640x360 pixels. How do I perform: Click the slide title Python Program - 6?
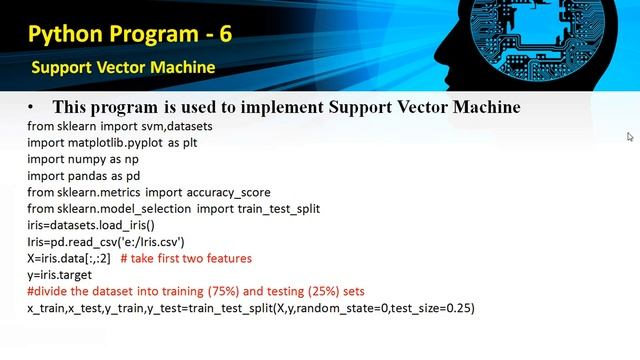tap(130, 35)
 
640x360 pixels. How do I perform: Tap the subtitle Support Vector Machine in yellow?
tap(123, 68)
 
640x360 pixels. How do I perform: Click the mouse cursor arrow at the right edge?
tap(630, 137)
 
